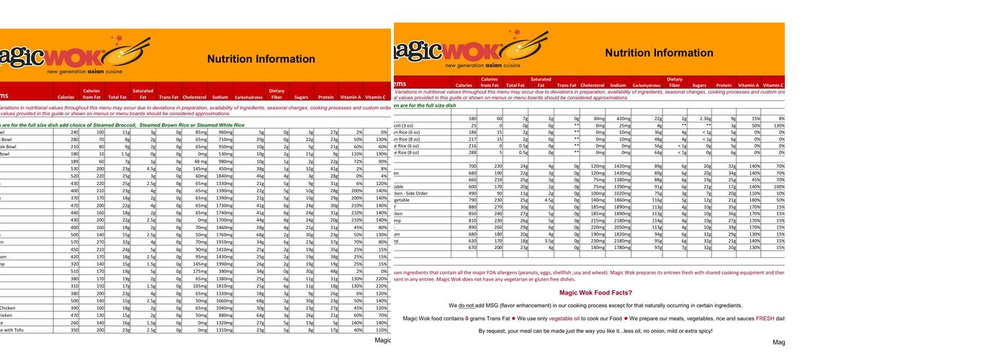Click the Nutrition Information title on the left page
tap(261, 59)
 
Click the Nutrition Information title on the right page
tap(659, 53)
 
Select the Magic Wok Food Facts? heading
tap(595, 292)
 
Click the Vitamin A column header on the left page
tap(350, 96)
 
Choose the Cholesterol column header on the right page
tap(592, 85)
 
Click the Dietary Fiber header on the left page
tap(276, 94)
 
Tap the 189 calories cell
tap(73, 162)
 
